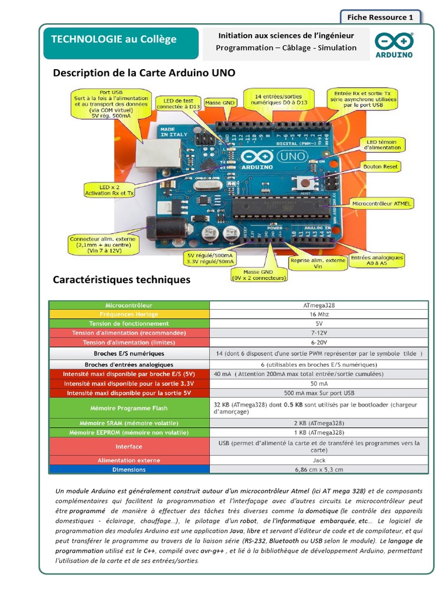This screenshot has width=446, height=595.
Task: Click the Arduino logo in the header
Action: pyautogui.click(x=393, y=45)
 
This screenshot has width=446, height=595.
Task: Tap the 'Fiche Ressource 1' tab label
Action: pyautogui.click(x=380, y=17)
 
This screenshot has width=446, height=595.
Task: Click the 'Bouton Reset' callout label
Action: pyautogui.click(x=380, y=167)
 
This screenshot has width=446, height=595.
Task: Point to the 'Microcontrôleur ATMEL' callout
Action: pyautogui.click(x=382, y=203)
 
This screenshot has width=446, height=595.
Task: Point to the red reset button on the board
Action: pyautogui.click(x=303, y=183)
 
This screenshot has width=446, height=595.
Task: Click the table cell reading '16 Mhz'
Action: pyautogui.click(x=319, y=314)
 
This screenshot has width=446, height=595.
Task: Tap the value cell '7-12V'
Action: pyautogui.click(x=319, y=333)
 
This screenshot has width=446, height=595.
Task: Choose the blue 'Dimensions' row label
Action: pyautogui.click(x=129, y=469)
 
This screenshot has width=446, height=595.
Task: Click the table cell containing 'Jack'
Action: pyautogui.click(x=319, y=460)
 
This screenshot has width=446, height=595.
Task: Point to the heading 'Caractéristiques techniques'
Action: pyautogui.click(x=121, y=279)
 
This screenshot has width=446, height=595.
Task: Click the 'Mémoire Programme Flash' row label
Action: pyautogui.click(x=129, y=408)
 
